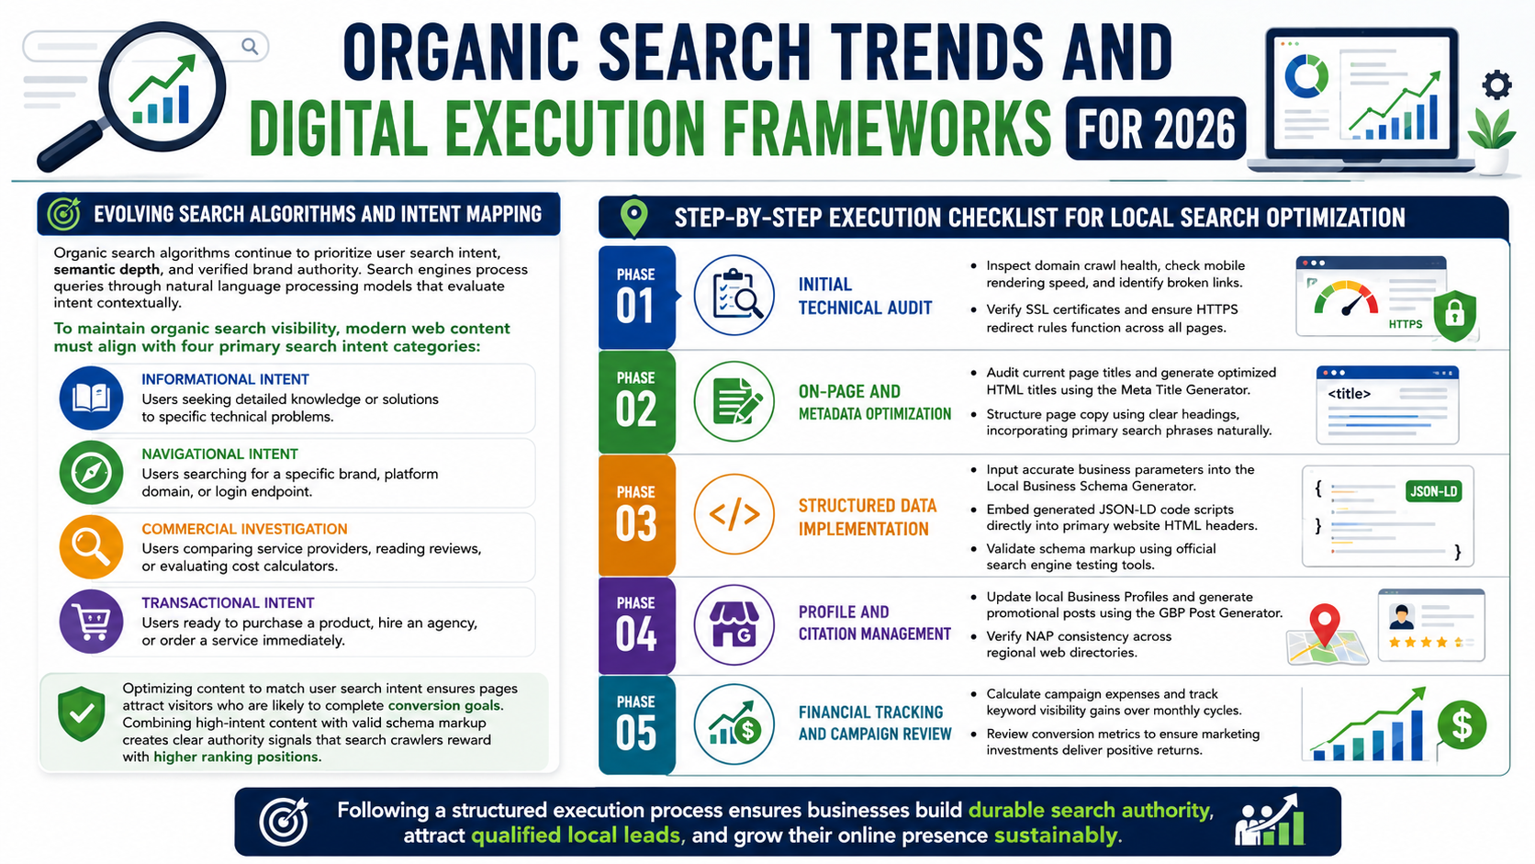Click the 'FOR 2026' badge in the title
coord(1155,129)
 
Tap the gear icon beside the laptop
coord(1496,85)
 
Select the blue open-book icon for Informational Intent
coord(91,398)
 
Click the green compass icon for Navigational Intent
coord(91,473)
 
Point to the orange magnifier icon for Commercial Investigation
coord(91,546)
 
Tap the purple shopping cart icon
coord(91,622)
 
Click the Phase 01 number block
coord(636,297)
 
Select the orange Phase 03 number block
coord(636,515)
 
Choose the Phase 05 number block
coord(636,725)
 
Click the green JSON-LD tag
coord(1434,491)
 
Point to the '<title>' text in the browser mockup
coord(1350,394)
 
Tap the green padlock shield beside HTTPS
coord(1455,315)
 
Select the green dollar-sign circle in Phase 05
coord(1462,725)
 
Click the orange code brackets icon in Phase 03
coord(734,514)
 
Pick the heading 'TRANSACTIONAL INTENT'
coord(229,603)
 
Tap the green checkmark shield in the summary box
coord(82,714)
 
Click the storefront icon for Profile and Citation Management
coord(734,625)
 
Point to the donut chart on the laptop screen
coord(1306,76)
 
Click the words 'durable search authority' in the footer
coord(1090,810)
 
